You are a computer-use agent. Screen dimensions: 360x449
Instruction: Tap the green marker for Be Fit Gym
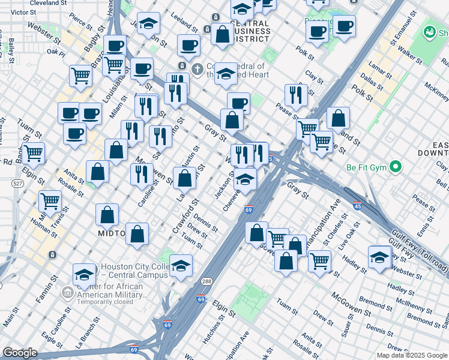(x=396, y=166)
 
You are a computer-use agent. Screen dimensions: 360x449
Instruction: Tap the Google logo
(x=20, y=353)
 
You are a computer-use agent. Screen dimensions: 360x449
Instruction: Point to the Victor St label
(x=23, y=12)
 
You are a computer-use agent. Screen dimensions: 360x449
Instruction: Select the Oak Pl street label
(x=55, y=52)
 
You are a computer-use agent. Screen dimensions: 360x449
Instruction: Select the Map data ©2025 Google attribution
(x=412, y=355)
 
